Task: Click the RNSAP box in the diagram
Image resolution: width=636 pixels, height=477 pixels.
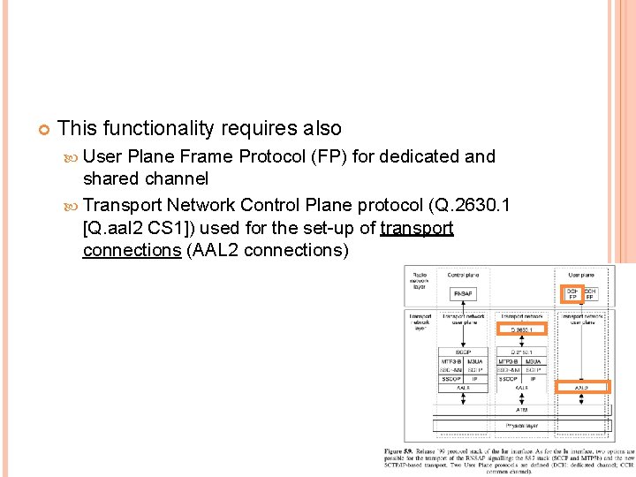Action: coord(463,294)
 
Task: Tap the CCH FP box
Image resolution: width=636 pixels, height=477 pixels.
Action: coord(590,293)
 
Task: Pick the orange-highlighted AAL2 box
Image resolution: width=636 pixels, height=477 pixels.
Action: coord(581,387)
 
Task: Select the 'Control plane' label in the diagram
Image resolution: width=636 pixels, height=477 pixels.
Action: coord(463,274)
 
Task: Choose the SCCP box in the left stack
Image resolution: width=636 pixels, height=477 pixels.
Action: coord(463,352)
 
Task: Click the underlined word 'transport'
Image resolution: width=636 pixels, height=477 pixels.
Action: coord(416,228)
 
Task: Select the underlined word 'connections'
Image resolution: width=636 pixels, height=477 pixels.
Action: coord(132,250)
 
